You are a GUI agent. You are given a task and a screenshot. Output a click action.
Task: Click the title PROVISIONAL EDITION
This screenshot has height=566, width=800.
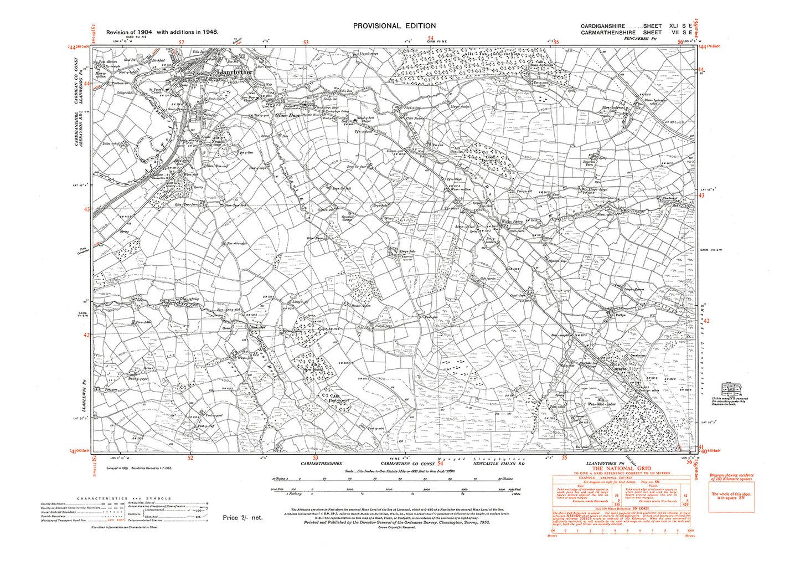point(394,25)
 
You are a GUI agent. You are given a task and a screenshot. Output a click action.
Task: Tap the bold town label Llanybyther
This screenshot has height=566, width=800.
point(236,72)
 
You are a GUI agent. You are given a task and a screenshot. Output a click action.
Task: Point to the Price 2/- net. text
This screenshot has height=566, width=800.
point(242,517)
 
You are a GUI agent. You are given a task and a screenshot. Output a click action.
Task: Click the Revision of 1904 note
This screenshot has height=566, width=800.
point(162,32)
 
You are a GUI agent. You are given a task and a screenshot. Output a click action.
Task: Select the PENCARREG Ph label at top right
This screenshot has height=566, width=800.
point(641,38)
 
